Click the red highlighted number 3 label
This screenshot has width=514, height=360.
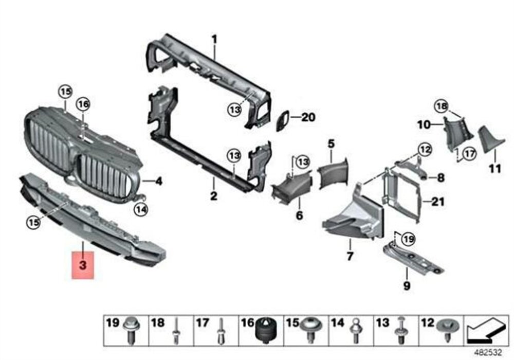tap(83, 265)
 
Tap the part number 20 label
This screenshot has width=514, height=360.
tap(308, 117)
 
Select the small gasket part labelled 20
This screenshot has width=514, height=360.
tap(283, 121)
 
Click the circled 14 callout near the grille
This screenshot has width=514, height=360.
tap(141, 209)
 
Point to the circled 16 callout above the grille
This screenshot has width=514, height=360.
tap(83, 104)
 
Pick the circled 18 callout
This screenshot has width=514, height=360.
tap(441, 106)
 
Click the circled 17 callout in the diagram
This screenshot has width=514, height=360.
tap(470, 153)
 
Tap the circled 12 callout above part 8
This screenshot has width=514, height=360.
tap(425, 150)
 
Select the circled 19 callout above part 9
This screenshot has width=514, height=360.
tap(409, 239)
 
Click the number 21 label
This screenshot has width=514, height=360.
tap(438, 201)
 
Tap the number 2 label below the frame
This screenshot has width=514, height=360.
tap(213, 196)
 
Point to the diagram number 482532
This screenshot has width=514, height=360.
tap(488, 352)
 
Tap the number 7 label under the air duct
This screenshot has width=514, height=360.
tap(350, 256)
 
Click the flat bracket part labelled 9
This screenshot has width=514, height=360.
tap(413, 258)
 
